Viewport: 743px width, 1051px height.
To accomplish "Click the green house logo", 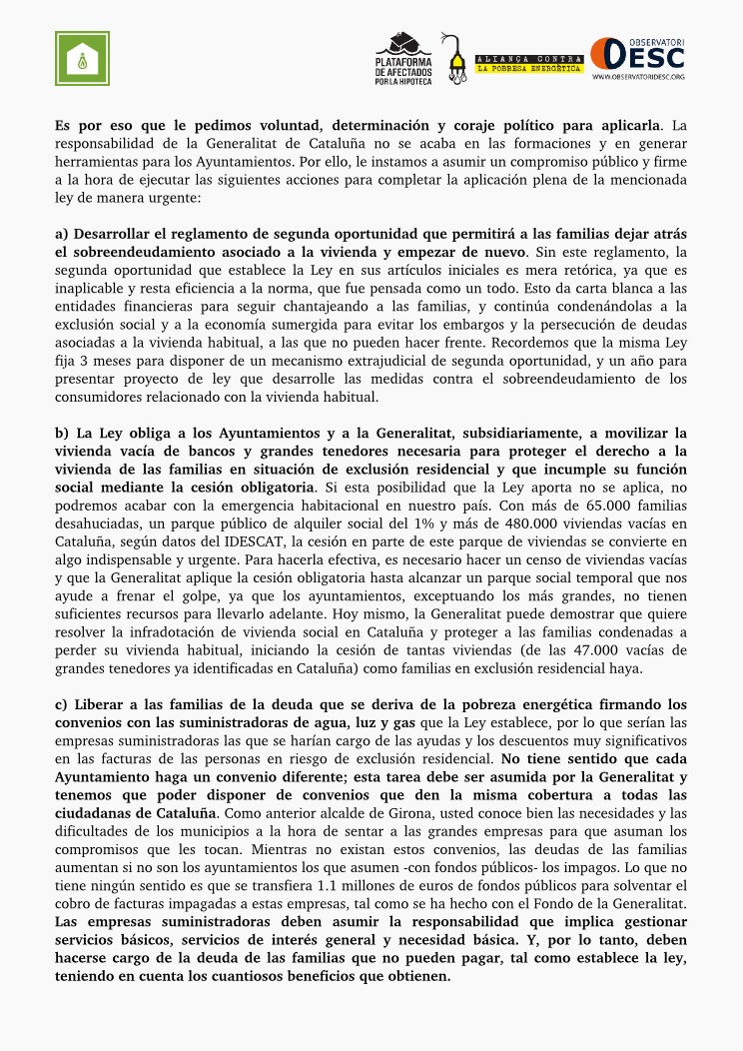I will click(x=81, y=58).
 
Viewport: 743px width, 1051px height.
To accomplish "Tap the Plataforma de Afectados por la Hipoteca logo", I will click(x=403, y=59).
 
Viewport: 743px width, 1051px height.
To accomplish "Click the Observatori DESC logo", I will click(x=637, y=57).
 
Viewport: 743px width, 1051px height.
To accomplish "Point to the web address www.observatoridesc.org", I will click(x=638, y=77).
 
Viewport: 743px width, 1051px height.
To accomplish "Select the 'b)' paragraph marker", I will click(x=62, y=434).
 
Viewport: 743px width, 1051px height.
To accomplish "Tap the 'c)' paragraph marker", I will click(x=62, y=704).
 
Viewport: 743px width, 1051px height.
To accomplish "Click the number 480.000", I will click(x=536, y=524).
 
